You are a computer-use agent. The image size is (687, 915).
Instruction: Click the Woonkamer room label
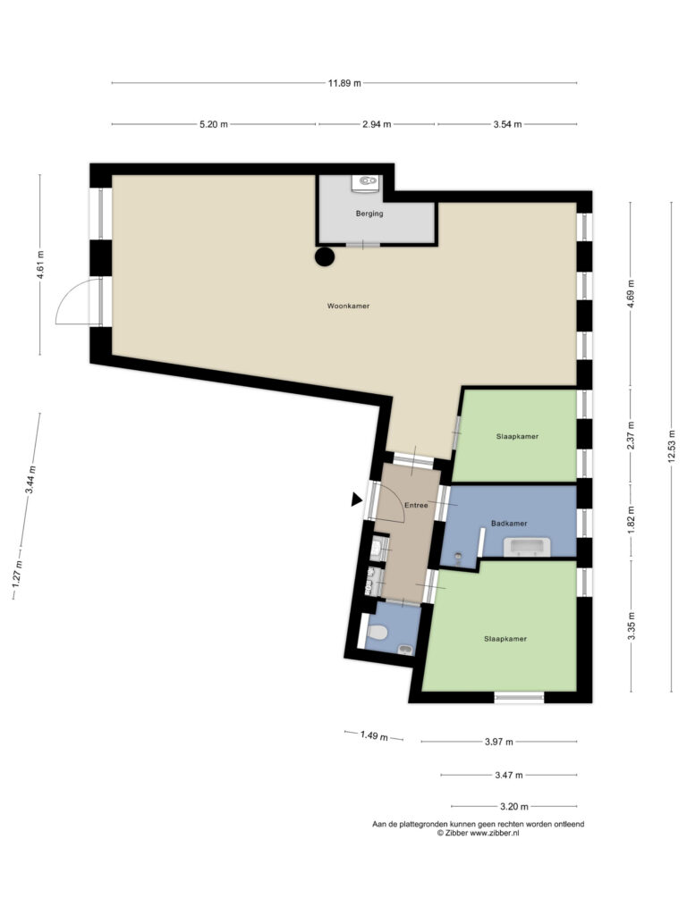[348, 306]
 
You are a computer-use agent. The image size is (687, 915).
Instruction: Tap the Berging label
[369, 214]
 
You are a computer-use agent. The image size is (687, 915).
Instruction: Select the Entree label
[416, 506]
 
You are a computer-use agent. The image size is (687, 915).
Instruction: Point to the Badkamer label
[509, 524]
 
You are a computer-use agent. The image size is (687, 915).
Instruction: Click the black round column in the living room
[325, 256]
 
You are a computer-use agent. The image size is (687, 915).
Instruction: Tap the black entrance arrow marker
[356, 499]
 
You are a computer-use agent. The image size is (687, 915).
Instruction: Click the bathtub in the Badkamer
[527, 548]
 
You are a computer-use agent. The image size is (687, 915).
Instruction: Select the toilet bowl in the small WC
[378, 632]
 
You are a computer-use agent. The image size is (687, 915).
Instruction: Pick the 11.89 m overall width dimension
[344, 83]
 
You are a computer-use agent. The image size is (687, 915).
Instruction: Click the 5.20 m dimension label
[214, 123]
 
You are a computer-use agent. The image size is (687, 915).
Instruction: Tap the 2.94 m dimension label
[377, 123]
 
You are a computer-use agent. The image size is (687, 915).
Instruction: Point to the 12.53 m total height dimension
[671, 447]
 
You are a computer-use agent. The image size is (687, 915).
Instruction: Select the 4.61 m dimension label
[40, 264]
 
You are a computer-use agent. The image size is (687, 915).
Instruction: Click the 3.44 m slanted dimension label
[30, 480]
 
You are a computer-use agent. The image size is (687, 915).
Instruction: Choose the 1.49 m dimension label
[374, 735]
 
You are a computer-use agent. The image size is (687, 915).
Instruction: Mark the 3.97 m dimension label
[499, 742]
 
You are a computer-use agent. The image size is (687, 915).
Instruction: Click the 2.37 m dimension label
[631, 436]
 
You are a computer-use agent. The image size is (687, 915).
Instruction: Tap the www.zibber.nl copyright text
[478, 834]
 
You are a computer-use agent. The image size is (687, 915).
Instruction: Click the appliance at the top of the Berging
[366, 182]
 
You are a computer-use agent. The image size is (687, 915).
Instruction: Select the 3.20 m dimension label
[514, 807]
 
